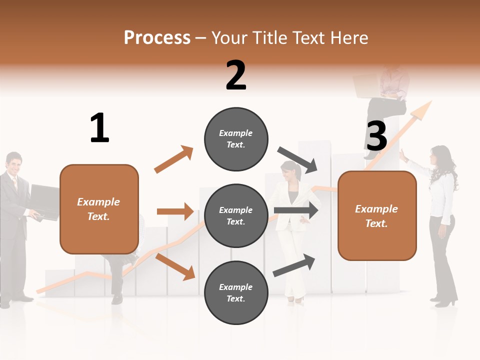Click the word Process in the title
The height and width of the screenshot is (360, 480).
tap(157, 37)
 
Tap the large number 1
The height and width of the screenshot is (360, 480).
tap(99, 128)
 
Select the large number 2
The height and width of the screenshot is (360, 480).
tap(236, 75)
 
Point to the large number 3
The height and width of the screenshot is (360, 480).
tap(377, 136)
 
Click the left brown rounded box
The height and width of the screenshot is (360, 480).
tap(99, 209)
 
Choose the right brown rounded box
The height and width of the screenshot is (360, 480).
tap(377, 215)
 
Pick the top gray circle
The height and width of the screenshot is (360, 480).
tap(236, 138)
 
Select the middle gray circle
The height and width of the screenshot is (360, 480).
tap(236, 215)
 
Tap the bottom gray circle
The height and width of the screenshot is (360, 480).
tap(236, 292)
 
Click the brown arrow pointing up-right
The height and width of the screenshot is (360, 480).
tap(173, 159)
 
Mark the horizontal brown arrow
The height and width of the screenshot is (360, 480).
tap(175, 211)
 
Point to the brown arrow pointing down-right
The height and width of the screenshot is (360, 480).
tap(175, 266)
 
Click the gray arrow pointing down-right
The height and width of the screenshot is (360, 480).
tap(298, 160)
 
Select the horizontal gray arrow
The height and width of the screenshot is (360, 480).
tap(297, 210)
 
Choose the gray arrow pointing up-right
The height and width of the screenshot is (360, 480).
tap(294, 265)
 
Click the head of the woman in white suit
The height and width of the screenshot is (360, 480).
tap(291, 171)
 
